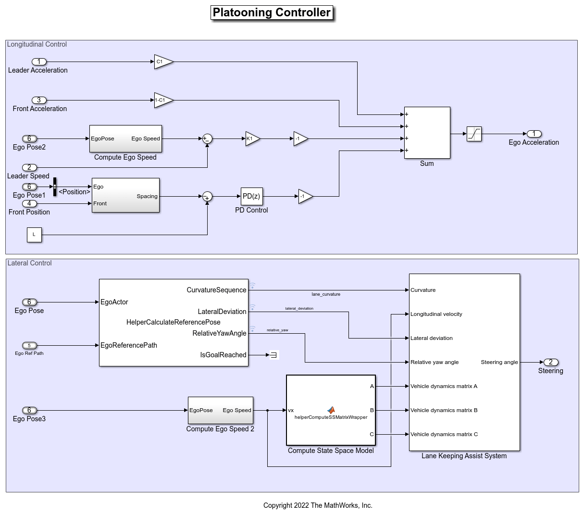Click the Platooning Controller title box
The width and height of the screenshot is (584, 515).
coord(272,13)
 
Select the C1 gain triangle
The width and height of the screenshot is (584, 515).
coord(162,62)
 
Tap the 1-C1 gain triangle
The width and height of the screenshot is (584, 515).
coord(162,100)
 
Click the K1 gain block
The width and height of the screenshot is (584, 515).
coord(252,138)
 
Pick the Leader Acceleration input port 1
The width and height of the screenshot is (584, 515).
coord(39,62)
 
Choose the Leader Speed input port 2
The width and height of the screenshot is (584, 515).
coord(29,167)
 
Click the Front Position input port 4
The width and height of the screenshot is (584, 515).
coord(29,203)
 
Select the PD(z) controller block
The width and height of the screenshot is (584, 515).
coord(251,196)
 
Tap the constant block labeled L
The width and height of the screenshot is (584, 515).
coord(34,235)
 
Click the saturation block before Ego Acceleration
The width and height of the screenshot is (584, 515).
coord(474,134)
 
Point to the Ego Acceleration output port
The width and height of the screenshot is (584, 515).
coord(534,134)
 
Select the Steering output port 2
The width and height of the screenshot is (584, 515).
coord(551,362)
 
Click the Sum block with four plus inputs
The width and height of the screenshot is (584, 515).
coord(427,133)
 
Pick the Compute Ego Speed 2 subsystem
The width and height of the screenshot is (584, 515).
coord(220,410)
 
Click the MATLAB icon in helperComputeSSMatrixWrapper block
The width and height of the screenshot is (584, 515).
coord(331,410)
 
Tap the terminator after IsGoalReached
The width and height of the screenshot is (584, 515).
coord(273,355)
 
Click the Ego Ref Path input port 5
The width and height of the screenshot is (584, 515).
coord(29,345)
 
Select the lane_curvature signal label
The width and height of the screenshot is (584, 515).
coord(326,294)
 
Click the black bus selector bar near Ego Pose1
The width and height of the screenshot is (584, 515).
coord(55,187)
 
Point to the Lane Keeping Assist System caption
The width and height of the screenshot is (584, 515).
coord(464,456)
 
